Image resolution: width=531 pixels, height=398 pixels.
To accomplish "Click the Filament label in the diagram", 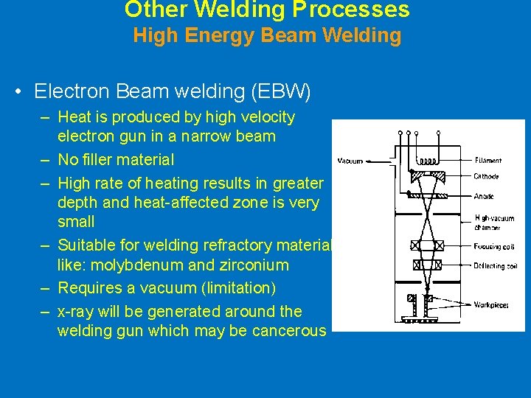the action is tap(488, 160).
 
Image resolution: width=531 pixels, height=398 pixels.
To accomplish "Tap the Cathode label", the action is tap(487, 177).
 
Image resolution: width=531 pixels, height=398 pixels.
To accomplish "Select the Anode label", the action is tap(485, 196).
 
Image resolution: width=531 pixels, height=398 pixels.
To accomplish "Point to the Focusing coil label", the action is tap(493, 246).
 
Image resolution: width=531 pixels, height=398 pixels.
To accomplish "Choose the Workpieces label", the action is tap(491, 304).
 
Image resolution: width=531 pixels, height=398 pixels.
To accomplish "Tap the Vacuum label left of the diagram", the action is tap(350, 161).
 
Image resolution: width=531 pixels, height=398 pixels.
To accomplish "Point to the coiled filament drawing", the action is tap(428, 161).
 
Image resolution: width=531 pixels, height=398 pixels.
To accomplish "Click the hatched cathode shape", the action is tap(428, 177).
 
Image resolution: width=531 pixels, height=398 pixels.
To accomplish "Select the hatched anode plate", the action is tap(428, 196).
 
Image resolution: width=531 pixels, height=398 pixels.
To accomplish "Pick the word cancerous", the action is tap(288, 330).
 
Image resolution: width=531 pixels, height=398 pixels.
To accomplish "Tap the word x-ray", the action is tap(76, 311).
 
